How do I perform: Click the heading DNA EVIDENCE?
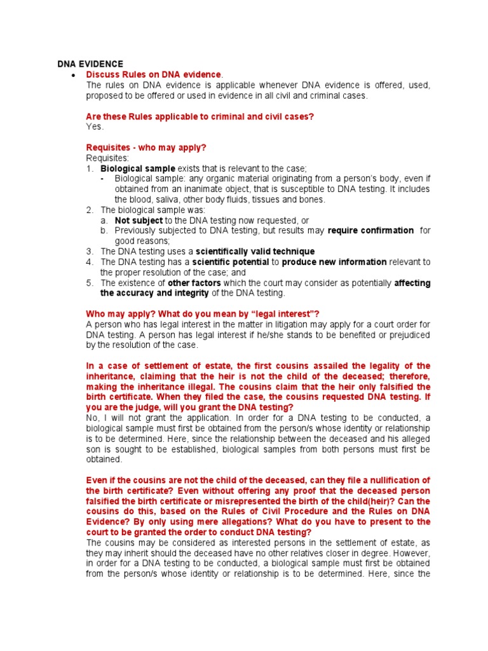(x=90, y=64)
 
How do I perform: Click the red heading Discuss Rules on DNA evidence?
(x=154, y=75)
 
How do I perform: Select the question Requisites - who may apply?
(x=146, y=147)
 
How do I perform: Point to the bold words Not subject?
(x=139, y=220)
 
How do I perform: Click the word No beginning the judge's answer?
(x=92, y=418)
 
